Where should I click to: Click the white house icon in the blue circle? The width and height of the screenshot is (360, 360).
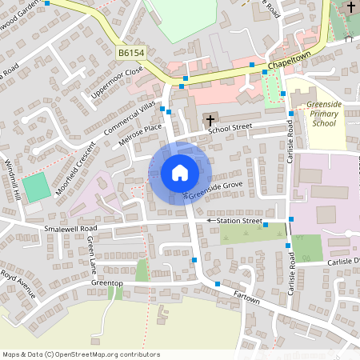point(179,172)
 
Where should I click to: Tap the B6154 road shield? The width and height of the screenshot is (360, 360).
point(130,52)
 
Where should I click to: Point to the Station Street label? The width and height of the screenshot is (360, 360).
point(241,220)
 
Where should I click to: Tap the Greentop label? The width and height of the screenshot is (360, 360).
point(106,282)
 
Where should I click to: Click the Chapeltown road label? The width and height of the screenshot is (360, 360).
point(289,61)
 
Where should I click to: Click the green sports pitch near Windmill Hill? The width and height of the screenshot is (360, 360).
point(36,188)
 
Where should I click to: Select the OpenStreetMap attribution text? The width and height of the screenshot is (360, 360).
point(81,354)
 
